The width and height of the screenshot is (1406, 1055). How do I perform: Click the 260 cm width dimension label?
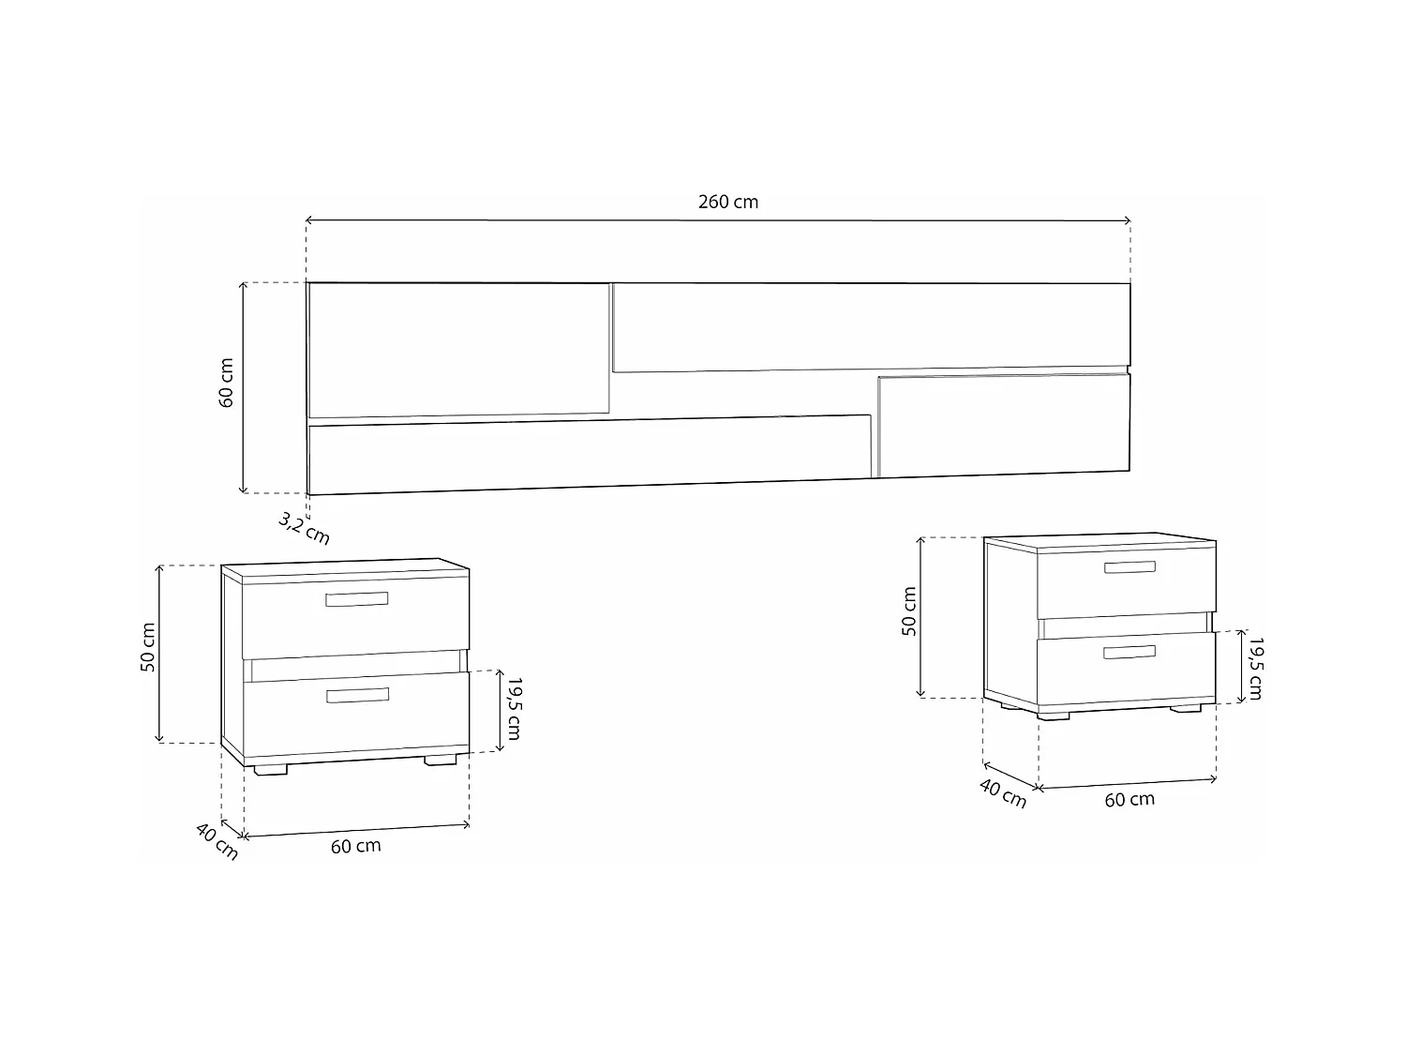coord(728,202)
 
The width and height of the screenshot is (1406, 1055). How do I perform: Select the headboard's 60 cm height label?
coord(227,383)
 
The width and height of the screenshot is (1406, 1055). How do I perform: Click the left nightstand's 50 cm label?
coord(148,647)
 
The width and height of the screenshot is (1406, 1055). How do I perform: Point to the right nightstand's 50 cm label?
coord(909,612)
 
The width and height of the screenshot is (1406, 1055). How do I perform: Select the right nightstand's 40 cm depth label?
coord(1003,793)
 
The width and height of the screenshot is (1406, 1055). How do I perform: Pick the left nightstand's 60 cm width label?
coord(356,846)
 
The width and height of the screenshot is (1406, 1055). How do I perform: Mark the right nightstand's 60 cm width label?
coord(1129,800)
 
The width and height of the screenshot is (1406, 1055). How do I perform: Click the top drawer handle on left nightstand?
coord(357,599)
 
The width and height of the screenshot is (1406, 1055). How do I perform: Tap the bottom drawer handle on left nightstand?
coord(357,695)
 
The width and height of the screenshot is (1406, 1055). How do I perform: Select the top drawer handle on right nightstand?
coord(1129,566)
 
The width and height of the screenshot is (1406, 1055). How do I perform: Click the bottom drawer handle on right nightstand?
coord(1129,652)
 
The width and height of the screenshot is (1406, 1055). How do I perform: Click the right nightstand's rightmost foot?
coord(1186,709)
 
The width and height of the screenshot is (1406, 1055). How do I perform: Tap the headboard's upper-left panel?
coord(459,349)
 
